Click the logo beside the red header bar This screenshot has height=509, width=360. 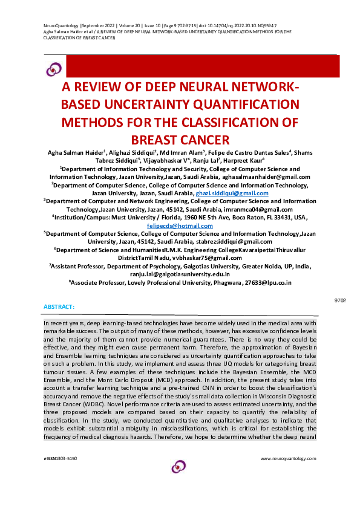[54, 68]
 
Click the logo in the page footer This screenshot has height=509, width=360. [179, 466]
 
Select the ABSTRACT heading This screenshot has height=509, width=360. [59, 307]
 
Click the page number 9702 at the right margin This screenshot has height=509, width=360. [340, 300]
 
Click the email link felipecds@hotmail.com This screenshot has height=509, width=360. [180, 225]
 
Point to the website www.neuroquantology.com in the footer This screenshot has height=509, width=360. [288, 459]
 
